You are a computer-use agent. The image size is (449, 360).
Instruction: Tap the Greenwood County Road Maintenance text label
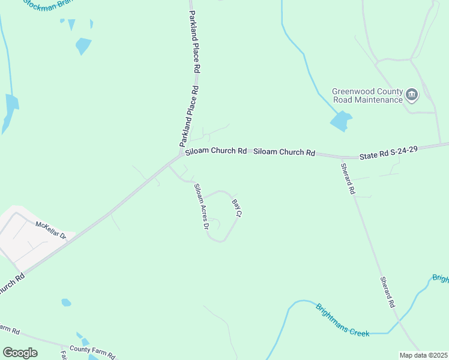(x=367, y=95)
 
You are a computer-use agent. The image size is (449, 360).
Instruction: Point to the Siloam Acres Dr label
(x=200, y=206)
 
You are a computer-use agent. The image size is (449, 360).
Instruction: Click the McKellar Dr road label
(x=50, y=230)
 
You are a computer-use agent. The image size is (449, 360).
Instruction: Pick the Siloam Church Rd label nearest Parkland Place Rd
(x=215, y=151)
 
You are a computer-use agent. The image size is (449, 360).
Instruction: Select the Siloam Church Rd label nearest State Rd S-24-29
(x=284, y=152)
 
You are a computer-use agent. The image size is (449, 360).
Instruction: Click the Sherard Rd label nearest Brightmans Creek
(x=387, y=292)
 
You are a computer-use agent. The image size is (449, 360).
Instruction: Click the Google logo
(x=20, y=353)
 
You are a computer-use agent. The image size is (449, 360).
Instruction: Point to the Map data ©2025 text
(x=423, y=355)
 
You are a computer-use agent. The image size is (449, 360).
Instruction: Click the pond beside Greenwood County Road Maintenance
(x=340, y=121)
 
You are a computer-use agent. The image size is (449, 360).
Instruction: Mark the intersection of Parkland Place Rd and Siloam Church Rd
(x=181, y=154)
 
